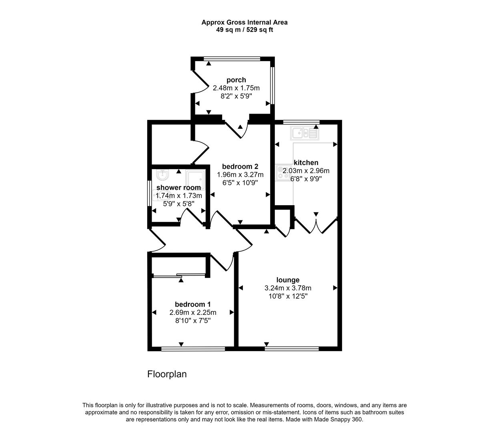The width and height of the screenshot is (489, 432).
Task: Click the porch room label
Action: tap(236, 80)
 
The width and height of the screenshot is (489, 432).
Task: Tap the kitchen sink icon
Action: tap(305, 133)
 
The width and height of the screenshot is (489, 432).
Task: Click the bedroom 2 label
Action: tap(240, 166)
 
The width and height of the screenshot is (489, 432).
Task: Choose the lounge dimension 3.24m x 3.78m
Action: tap(288, 288)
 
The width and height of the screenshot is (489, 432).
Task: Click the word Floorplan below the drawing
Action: tap(167, 374)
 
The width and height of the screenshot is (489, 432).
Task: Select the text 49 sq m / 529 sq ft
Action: tap(244, 30)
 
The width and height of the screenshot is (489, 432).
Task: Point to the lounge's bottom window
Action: tap(292, 348)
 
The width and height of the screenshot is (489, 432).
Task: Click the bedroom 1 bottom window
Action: tap(193, 348)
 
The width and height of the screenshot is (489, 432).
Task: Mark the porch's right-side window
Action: tap(272, 85)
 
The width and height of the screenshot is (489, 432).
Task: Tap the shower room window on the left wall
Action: tap(149, 194)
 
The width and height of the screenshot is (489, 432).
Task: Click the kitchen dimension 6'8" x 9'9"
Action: tap(306, 179)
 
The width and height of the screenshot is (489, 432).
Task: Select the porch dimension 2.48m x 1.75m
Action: tap(236, 88)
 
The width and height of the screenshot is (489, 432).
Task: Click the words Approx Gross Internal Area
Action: tap(244, 22)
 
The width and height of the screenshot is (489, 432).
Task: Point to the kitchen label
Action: tap(306, 163)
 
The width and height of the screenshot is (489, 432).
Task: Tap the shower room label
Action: tap(178, 188)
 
